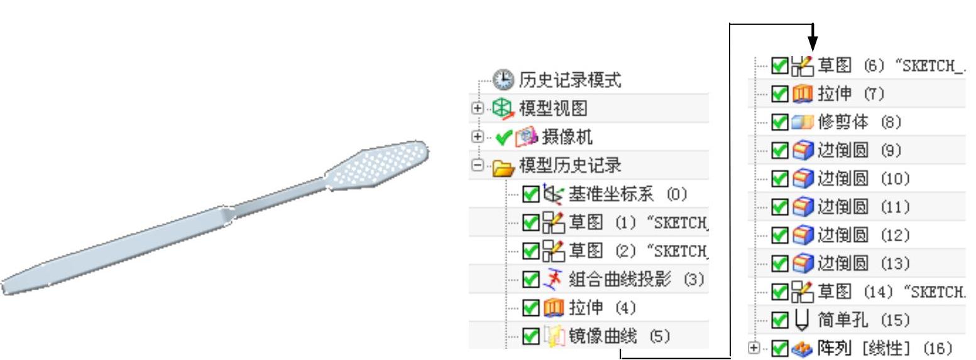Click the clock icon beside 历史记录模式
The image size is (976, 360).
502,80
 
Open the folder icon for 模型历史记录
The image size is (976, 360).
502,166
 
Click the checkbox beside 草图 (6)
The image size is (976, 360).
779,65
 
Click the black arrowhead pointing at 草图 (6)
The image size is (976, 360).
813,45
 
